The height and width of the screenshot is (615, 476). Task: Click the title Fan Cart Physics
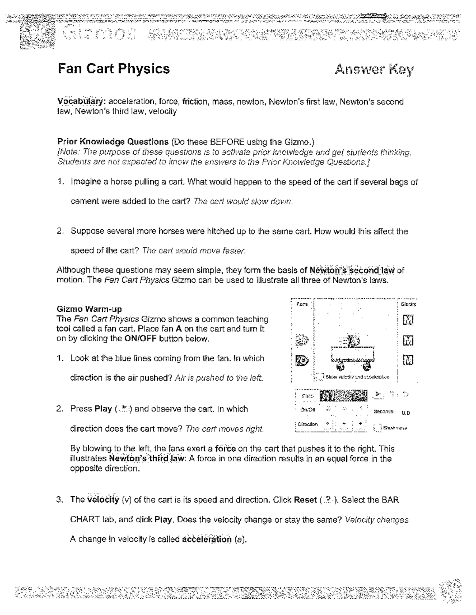(114, 69)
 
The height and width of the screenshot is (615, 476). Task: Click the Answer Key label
(374, 70)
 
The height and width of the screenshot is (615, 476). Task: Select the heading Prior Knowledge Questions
(113, 142)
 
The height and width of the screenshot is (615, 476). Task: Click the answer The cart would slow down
(243, 202)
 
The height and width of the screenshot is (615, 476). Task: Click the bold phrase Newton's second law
(352, 270)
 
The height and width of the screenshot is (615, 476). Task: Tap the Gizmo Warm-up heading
(89, 309)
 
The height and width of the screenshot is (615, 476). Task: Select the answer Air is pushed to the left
(219, 378)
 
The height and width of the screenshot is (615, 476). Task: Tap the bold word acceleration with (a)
(206, 539)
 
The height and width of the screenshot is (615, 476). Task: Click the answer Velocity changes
(376, 520)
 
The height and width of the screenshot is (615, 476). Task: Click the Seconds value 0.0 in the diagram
(405, 413)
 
